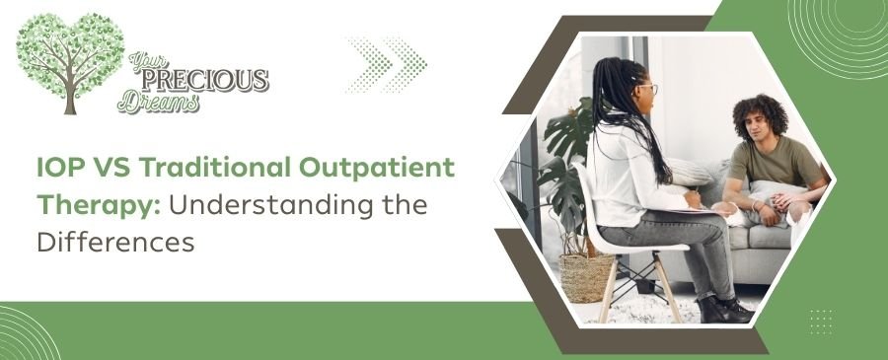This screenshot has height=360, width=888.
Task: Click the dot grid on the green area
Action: [820, 320]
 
